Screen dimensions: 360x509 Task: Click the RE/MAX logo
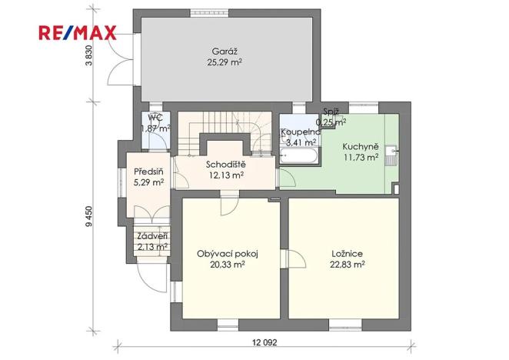click(77, 32)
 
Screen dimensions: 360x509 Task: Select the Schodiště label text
click(225, 165)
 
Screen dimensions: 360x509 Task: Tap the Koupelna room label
click(300, 132)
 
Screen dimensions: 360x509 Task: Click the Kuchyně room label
click(361, 146)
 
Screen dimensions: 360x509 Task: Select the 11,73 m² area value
click(361, 157)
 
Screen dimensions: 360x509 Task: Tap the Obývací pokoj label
click(226, 253)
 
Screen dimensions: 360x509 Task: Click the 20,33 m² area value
click(226, 264)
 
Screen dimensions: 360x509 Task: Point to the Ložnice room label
click(348, 253)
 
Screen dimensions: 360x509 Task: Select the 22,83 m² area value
click(348, 264)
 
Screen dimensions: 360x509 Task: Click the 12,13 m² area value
click(225, 175)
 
